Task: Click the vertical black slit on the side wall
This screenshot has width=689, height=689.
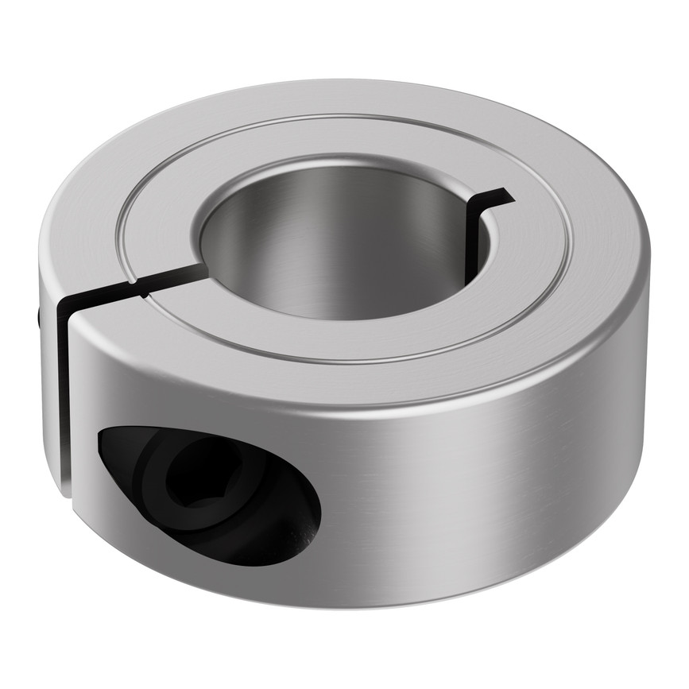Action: coord(64,397)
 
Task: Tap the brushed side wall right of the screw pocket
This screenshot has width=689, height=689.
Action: coord(477,477)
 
